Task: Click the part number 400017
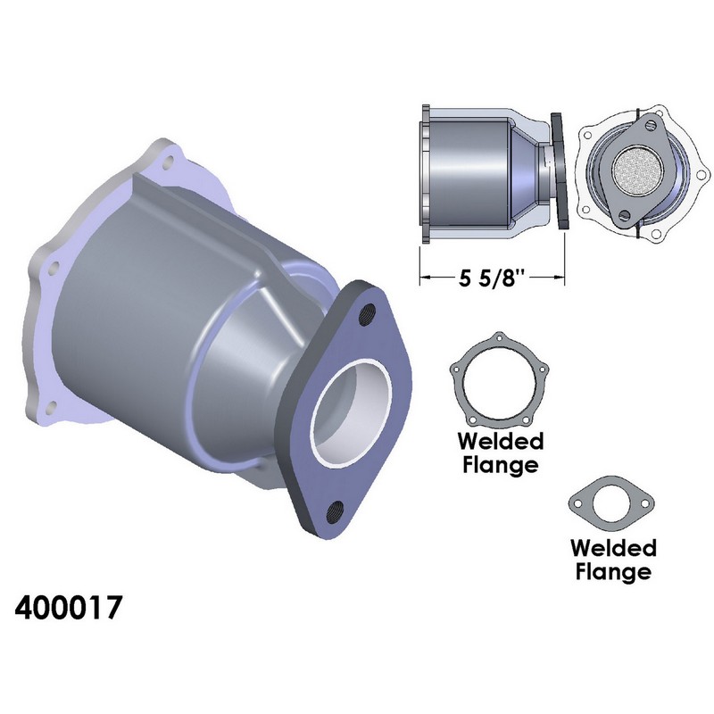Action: point(69,607)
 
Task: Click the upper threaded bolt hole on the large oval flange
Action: point(367,314)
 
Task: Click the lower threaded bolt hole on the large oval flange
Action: point(335,511)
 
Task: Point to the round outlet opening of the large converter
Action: point(351,412)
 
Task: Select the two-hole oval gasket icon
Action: point(611,503)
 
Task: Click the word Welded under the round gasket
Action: point(501,441)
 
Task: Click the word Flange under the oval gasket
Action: point(613,570)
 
